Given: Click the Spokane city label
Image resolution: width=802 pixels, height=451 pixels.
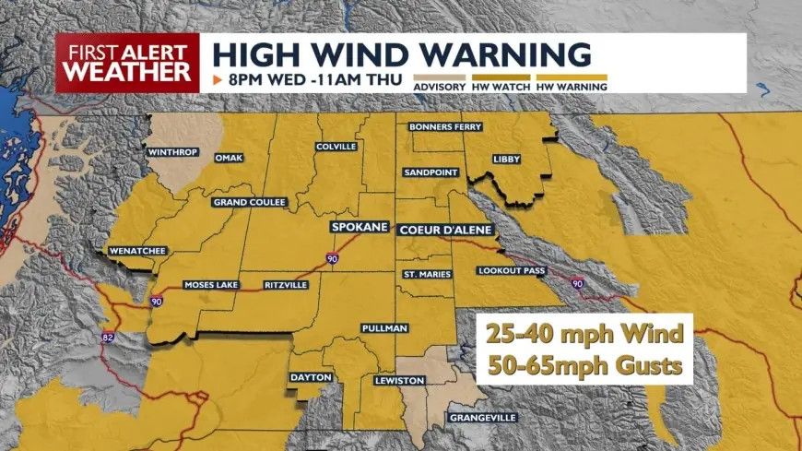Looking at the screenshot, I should [360, 227].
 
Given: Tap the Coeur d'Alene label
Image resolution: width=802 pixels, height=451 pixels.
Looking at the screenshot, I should [445, 230].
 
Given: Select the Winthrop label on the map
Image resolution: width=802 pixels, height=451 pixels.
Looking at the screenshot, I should [171, 151].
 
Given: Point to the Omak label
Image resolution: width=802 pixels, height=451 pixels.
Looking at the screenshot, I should [229, 158].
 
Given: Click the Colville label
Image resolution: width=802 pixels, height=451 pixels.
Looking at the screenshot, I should [336, 147].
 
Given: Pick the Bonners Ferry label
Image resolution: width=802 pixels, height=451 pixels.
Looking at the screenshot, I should [445, 126].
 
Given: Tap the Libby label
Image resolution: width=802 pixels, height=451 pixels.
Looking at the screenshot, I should [506, 159].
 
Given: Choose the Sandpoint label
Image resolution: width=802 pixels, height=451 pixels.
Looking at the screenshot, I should [431, 172].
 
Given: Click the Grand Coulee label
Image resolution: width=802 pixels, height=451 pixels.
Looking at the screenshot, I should [250, 202].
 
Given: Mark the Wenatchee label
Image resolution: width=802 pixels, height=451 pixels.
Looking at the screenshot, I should [137, 250].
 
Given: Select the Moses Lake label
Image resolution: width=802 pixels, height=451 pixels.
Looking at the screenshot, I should [210, 285].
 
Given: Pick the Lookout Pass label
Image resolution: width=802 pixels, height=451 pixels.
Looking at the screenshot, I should [512, 270].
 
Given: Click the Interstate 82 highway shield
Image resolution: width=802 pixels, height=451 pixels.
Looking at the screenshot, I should [108, 338].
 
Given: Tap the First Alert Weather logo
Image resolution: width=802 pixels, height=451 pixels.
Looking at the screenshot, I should [127, 63].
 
